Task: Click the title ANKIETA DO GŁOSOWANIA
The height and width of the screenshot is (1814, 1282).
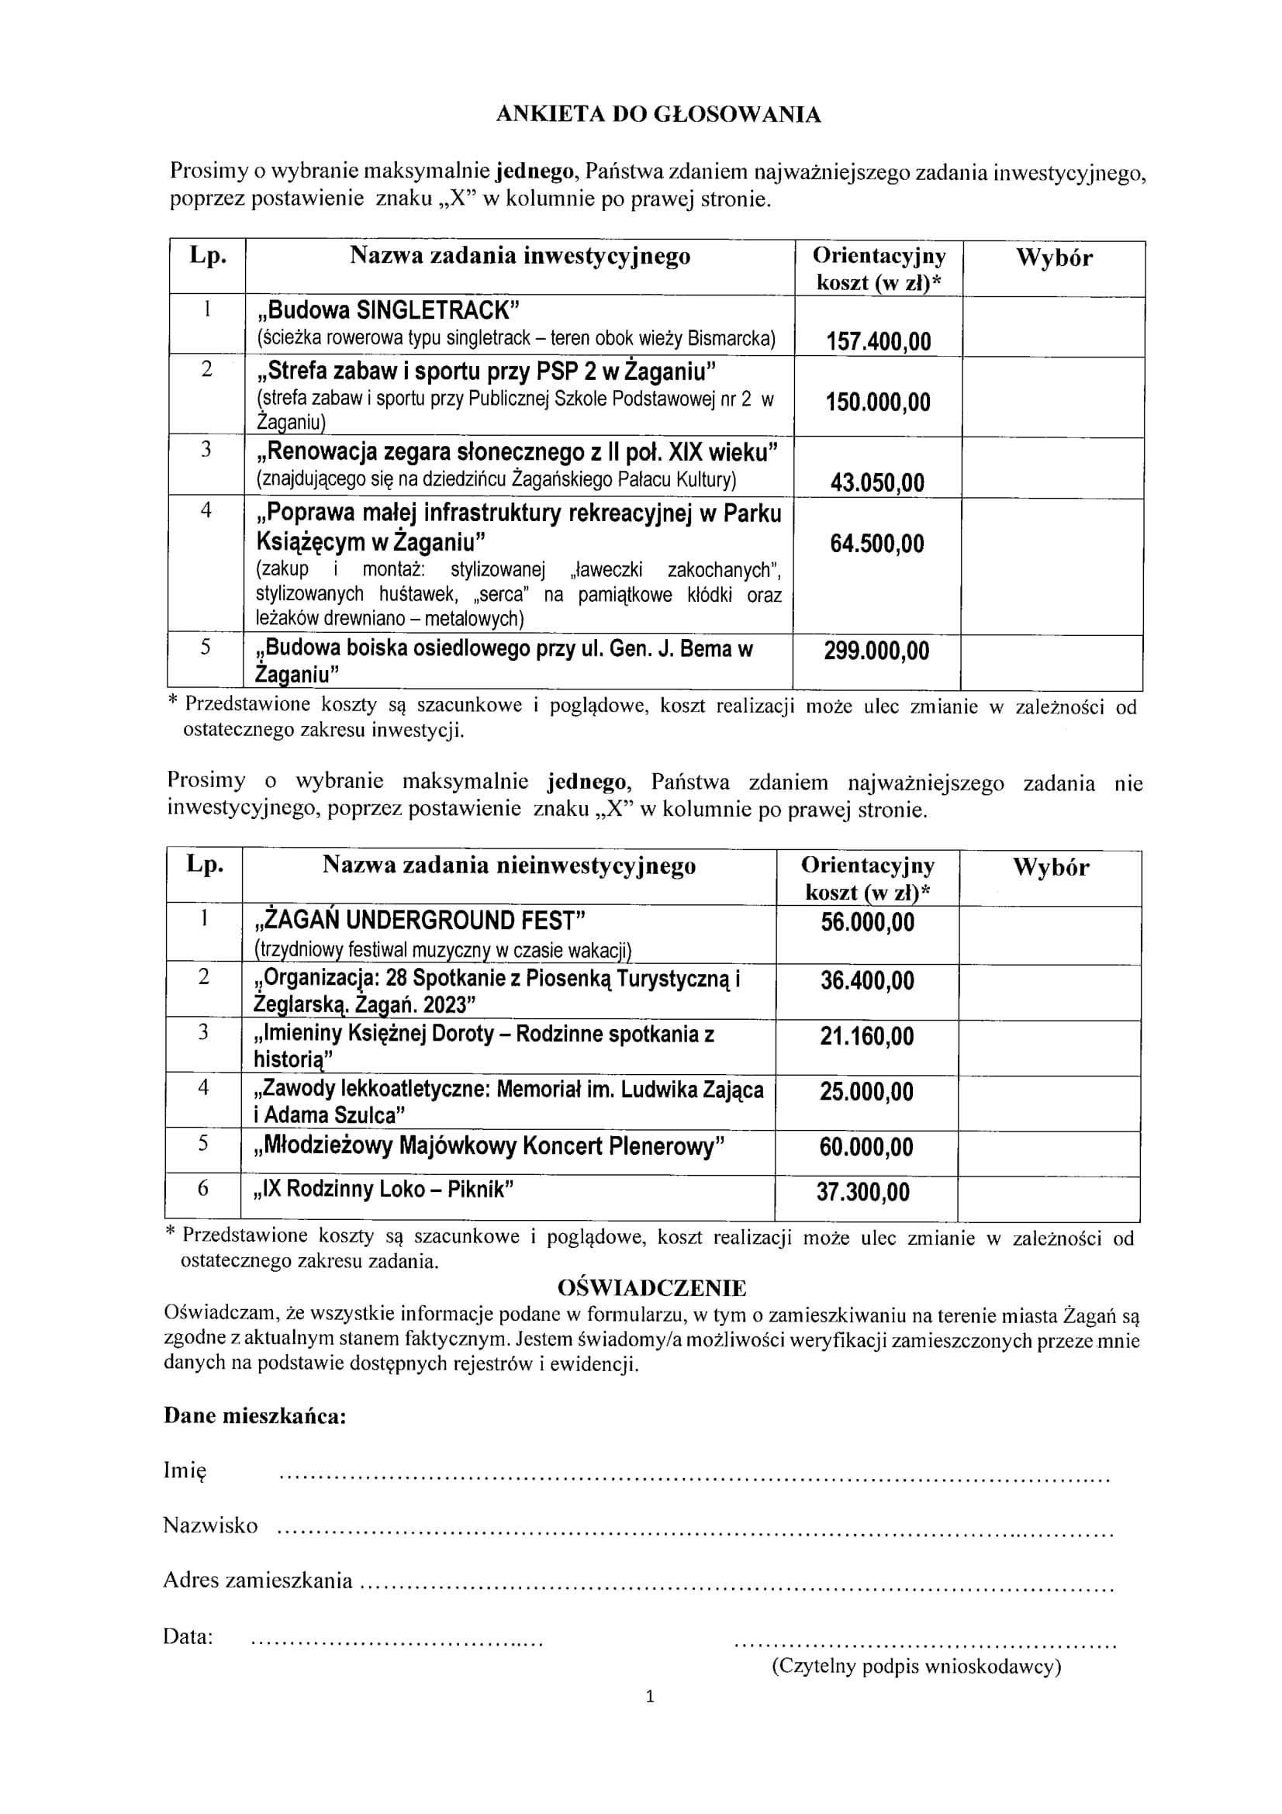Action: tap(658, 116)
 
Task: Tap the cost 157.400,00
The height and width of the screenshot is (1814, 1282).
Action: tap(879, 341)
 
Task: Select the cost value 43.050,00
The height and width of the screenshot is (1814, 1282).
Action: tap(877, 482)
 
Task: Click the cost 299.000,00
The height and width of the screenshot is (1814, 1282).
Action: tap(877, 651)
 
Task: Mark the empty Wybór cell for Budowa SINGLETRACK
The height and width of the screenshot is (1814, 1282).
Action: tap(1053, 326)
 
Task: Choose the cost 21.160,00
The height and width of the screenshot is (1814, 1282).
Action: tap(866, 1036)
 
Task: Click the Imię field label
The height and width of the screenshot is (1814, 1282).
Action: tap(185, 1470)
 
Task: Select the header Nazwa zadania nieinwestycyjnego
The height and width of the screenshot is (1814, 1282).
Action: tap(509, 866)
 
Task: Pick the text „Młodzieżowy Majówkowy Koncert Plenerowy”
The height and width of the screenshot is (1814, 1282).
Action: tap(489, 1146)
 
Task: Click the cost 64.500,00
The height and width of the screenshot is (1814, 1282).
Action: tap(877, 544)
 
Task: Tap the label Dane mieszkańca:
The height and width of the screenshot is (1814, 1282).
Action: tap(254, 1415)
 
